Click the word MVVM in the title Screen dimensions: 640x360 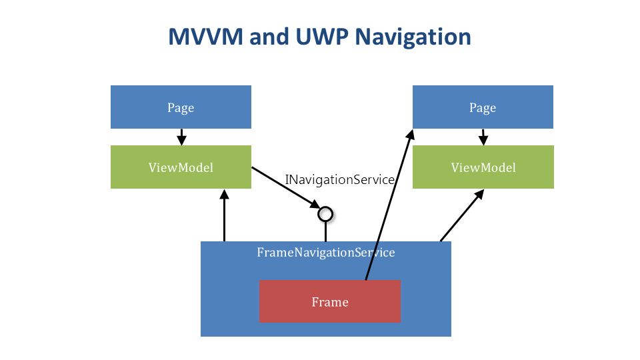tap(206, 36)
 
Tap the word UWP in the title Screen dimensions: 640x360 tap(322, 36)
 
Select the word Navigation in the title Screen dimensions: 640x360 tap(413, 37)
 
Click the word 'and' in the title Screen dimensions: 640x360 tap(269, 36)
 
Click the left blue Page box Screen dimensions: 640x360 tap(181, 107)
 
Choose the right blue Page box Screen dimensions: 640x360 tap(483, 107)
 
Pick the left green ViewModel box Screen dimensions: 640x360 tap(181, 167)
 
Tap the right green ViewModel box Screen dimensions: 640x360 tap(483, 167)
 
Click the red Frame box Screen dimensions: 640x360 tap(330, 301)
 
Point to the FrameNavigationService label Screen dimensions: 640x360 tap(326, 252)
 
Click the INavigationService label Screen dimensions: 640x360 tap(339, 179)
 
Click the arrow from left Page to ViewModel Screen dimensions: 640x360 tap(181, 137)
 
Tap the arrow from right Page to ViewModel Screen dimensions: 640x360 tap(483, 137)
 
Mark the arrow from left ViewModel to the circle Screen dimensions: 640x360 tap(286, 188)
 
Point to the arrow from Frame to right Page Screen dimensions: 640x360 tap(389, 205)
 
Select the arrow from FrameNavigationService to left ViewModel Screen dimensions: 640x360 tap(224, 215)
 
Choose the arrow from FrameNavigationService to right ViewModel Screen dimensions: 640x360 tap(462, 215)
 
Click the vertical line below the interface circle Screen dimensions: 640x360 tap(325, 232)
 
